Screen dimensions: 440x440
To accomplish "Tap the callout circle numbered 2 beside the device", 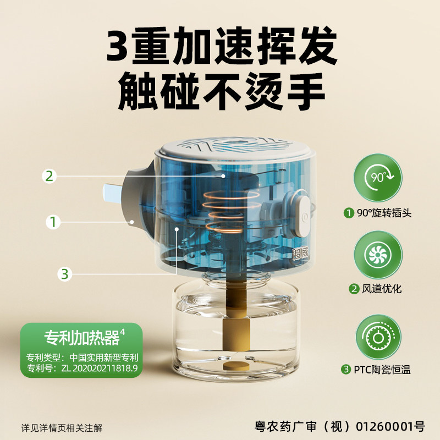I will pos(50,176).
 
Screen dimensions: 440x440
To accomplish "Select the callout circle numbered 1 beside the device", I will pos(53,222).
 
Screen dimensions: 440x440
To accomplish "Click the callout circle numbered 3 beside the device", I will pos(65,273).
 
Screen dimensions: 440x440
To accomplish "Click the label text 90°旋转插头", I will pos(380,213).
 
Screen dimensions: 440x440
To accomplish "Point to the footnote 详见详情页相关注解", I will pos(62,427).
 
